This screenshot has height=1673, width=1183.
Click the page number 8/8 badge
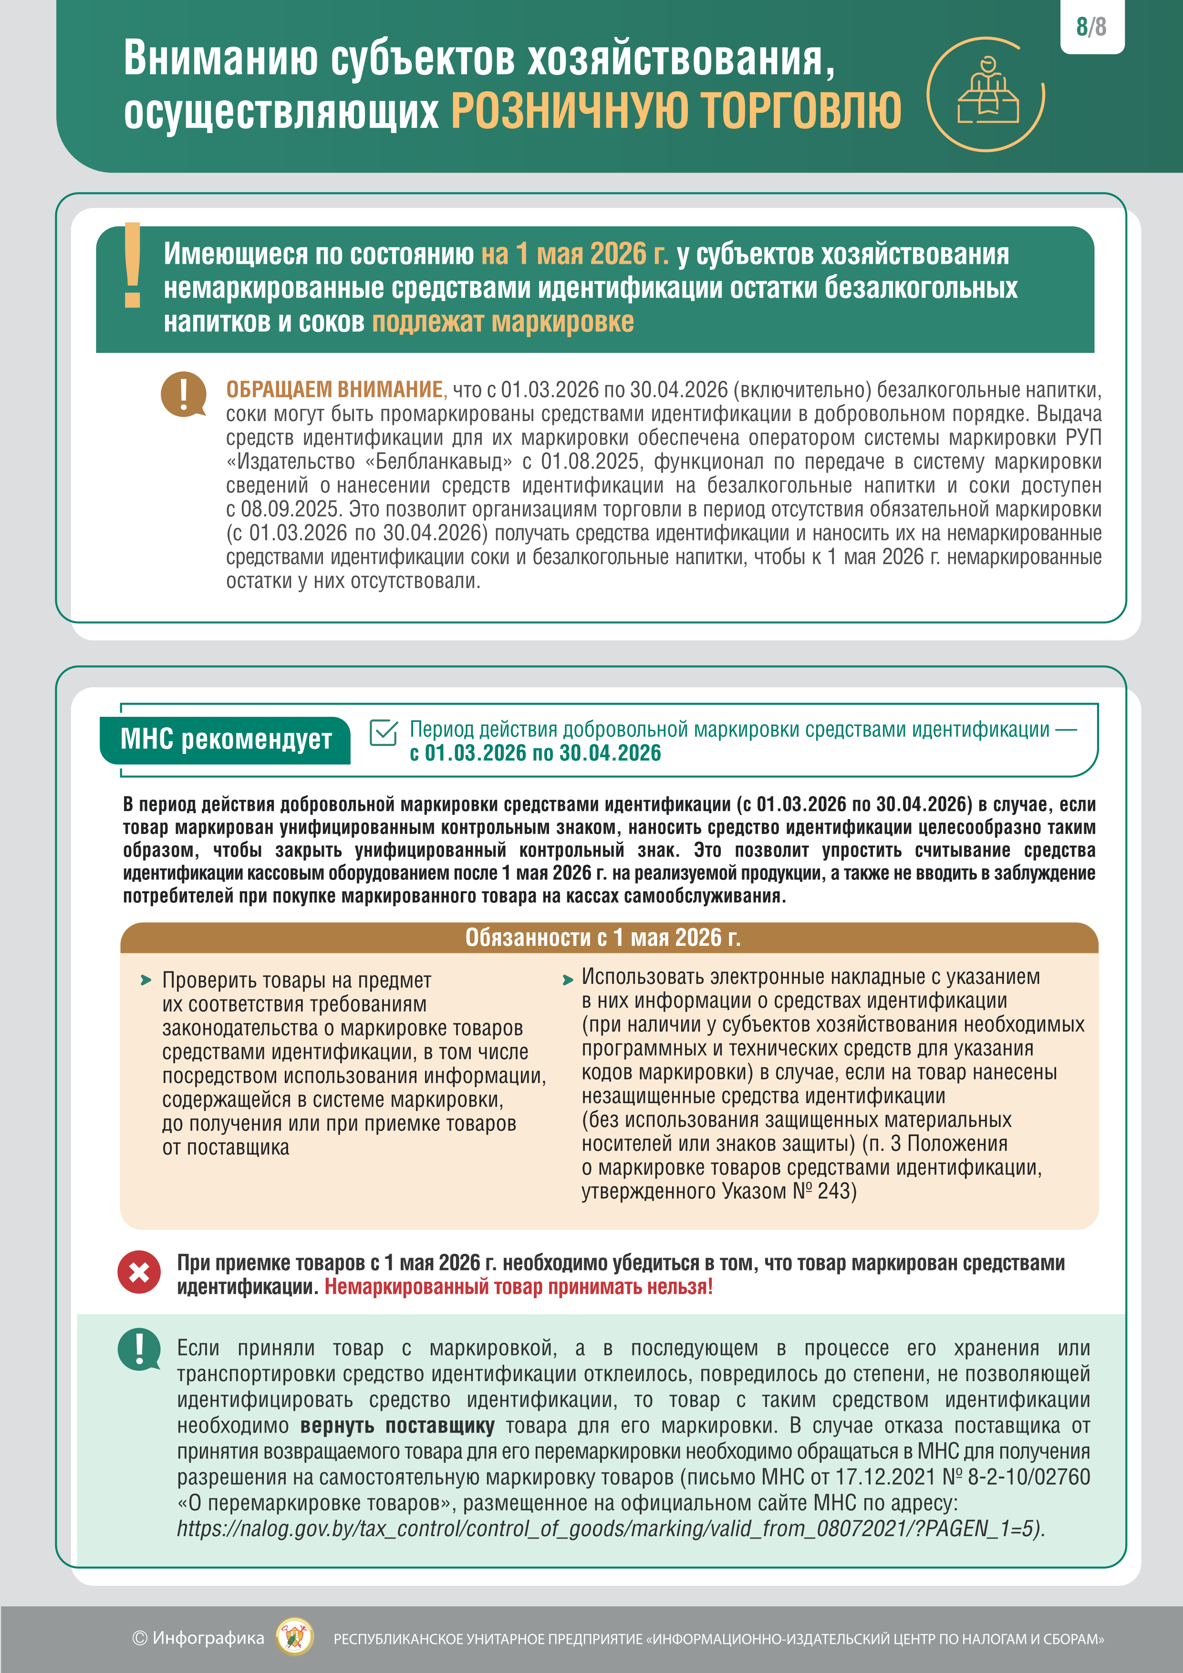(x=1091, y=27)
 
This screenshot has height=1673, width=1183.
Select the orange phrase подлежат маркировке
(x=503, y=322)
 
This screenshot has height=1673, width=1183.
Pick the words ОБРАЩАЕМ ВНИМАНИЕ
(x=334, y=390)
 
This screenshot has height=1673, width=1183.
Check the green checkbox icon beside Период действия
(x=384, y=733)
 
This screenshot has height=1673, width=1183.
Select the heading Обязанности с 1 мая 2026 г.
(x=603, y=938)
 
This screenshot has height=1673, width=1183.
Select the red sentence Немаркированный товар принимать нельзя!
(x=518, y=1287)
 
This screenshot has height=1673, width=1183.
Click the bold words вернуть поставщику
(x=397, y=1425)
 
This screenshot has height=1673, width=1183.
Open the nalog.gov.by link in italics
(x=610, y=1528)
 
